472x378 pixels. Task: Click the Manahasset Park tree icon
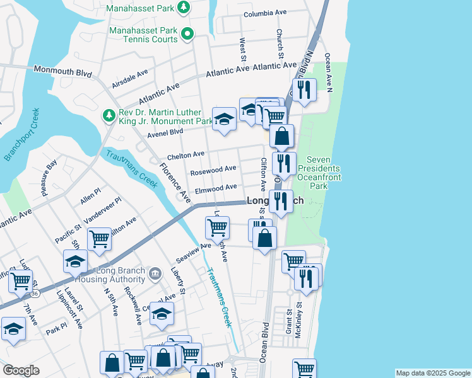pos(183,8)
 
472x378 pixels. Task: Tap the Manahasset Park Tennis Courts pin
pos(187,34)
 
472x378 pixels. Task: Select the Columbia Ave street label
pos(265,14)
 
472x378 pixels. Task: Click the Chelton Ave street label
pos(186,154)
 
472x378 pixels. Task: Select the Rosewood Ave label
pos(213,169)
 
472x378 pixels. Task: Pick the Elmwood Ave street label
pos(216,187)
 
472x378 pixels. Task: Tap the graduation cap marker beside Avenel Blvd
pos(224,119)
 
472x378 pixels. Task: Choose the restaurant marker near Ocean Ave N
pos(306,89)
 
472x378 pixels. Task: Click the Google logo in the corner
pos(21,370)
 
